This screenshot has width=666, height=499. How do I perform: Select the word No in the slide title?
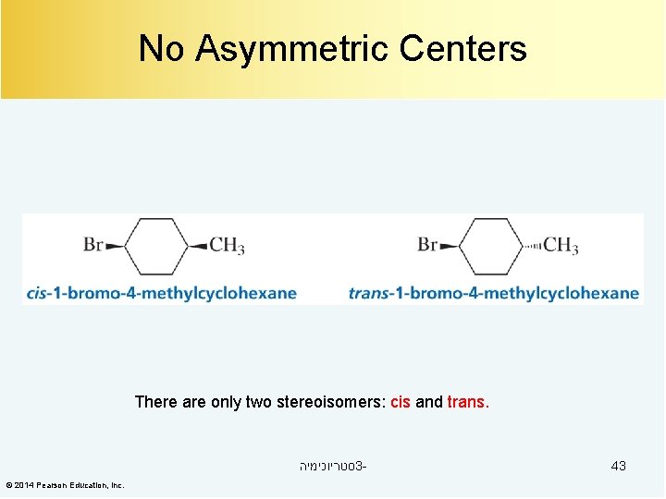pyautogui.click(x=161, y=48)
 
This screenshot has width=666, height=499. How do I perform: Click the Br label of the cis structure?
pyautogui.click(x=93, y=245)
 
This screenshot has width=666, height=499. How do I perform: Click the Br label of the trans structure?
pyautogui.click(x=427, y=245)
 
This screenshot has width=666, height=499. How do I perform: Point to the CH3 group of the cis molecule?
pyautogui.click(x=227, y=246)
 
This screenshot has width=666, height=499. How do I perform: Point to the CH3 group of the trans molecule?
pyautogui.click(x=561, y=246)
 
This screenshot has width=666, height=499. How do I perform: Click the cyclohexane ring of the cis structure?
pyautogui.click(x=156, y=246)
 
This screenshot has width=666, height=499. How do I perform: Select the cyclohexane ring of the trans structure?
pyautogui.click(x=490, y=246)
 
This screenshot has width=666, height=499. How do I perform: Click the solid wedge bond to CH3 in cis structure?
pyautogui.click(x=199, y=246)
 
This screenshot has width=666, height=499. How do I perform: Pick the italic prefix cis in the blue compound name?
pyautogui.click(x=37, y=294)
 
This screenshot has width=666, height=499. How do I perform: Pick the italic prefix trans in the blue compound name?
pyautogui.click(x=368, y=294)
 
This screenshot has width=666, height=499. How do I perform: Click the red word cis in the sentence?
pyautogui.click(x=401, y=402)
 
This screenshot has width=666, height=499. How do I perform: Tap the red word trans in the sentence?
pyautogui.click(x=467, y=402)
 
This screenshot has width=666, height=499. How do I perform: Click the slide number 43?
pyautogui.click(x=618, y=466)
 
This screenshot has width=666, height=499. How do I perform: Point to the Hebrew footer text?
pyautogui.click(x=332, y=466)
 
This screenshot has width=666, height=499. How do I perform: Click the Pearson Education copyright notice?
pyautogui.click(x=65, y=485)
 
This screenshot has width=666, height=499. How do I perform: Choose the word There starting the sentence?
pyautogui.click(x=154, y=402)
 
